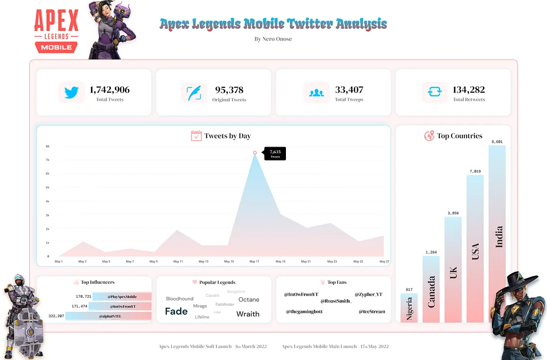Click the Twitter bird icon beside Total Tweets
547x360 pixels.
pyautogui.click(x=72, y=93)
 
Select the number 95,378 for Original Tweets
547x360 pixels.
pyautogui.click(x=229, y=90)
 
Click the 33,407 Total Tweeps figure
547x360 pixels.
pyautogui.click(x=349, y=90)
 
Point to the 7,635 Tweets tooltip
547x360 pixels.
pyautogui.click(x=275, y=153)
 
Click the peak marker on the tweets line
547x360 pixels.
pyautogui.click(x=255, y=153)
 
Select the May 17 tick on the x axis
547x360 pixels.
pyautogui.click(x=254, y=262)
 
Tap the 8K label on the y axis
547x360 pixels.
pyautogui.click(x=47, y=147)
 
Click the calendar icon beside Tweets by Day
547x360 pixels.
pyautogui.click(x=196, y=136)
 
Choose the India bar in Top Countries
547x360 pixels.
pyautogui.click(x=497, y=234)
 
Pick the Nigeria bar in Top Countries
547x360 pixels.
pyautogui.click(x=409, y=308)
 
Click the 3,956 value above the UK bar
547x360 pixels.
pyautogui.click(x=453, y=213)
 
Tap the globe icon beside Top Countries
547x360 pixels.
pyautogui.click(x=429, y=136)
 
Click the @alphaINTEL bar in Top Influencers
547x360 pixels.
pyautogui.click(x=108, y=316)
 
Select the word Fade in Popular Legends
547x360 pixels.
pyautogui.click(x=176, y=312)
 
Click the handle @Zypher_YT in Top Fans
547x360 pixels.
pyautogui.click(x=368, y=295)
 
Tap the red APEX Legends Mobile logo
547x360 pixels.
pyautogui.click(x=56, y=31)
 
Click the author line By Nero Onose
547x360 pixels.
pyautogui.click(x=273, y=39)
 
